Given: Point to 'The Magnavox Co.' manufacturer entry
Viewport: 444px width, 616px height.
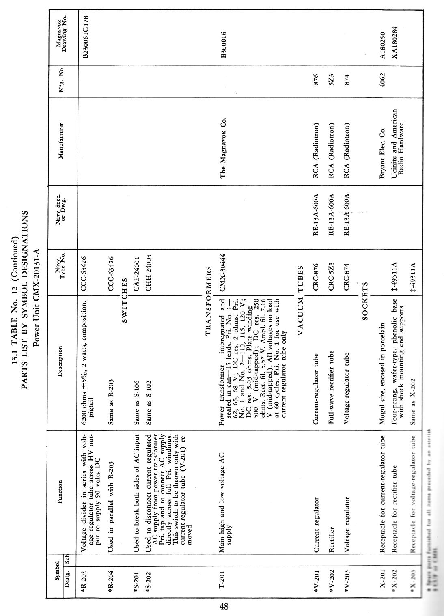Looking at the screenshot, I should click(x=223, y=148).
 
